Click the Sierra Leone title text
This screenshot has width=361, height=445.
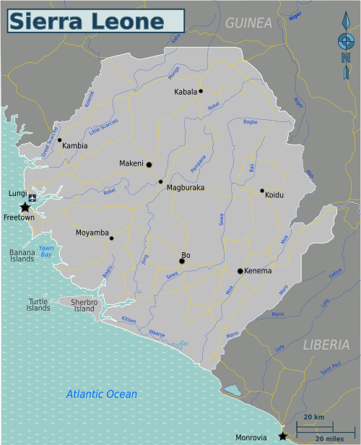pyautogui.click(x=86, y=21)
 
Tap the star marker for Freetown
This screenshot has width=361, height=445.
pyautogui.click(x=25, y=207)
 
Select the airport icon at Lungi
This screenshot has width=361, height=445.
pyautogui.click(x=32, y=196)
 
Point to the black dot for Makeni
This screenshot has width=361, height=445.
pyautogui.click(x=149, y=165)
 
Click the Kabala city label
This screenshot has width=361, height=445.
pyautogui.click(x=186, y=92)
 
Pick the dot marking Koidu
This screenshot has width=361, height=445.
pyautogui.click(x=262, y=191)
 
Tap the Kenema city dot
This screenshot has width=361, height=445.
pyautogui.click(x=240, y=271)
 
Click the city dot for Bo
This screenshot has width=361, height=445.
pyautogui.click(x=182, y=262)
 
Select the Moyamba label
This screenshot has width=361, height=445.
pyautogui.click(x=92, y=233)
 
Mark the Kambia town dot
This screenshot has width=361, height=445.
pyautogui.click(x=60, y=139)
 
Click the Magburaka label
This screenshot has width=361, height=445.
pyautogui.click(x=186, y=188)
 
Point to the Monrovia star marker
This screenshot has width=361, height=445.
pyautogui.click(x=282, y=436)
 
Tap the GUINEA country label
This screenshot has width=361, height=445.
pyautogui.click(x=248, y=23)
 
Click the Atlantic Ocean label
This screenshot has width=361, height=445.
pyautogui.click(x=101, y=394)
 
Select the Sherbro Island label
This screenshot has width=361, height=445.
pyautogui.click(x=84, y=305)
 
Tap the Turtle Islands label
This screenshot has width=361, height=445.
pyautogui.click(x=40, y=305)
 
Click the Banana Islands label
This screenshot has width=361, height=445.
pyautogui.click(x=22, y=255)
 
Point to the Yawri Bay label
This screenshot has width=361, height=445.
pyautogui.click(x=47, y=250)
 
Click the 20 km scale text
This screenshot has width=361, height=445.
pyautogui.click(x=313, y=418)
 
